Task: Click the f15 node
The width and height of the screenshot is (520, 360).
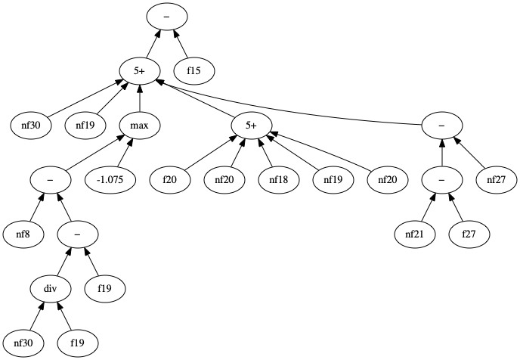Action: [195, 70]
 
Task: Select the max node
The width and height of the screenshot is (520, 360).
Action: [139, 125]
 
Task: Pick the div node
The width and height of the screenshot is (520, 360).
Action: [50, 288]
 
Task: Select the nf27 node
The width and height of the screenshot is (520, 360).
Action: [495, 180]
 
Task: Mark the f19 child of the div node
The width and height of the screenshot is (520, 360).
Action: [78, 343]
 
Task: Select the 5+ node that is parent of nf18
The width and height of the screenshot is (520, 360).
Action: [250, 125]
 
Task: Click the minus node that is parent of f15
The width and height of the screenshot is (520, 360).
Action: [166, 16]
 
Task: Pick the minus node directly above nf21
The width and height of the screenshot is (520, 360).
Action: [442, 180]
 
